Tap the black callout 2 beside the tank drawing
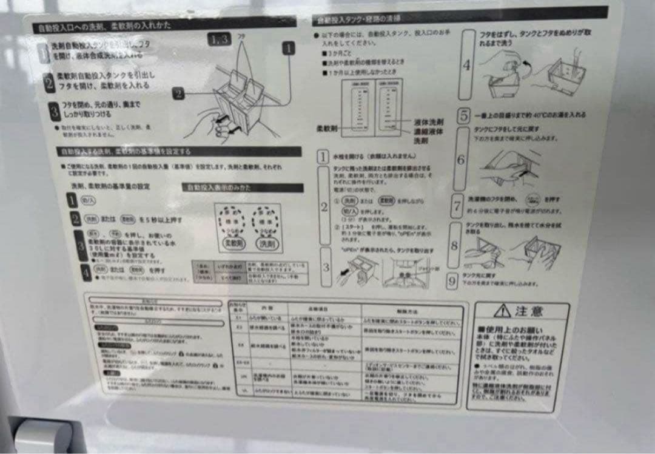pyautogui.click(x=178, y=93)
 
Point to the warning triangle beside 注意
pyautogui.click(x=502, y=311)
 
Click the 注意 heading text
pyautogui.click(x=530, y=311)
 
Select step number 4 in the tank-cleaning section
pyautogui.click(x=466, y=64)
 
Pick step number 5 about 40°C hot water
pyautogui.click(x=463, y=115)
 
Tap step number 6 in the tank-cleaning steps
pyautogui.click(x=461, y=160)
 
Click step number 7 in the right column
pyautogui.click(x=457, y=205)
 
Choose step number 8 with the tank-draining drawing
pyautogui.click(x=454, y=245)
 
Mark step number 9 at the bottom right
pyautogui.click(x=452, y=281)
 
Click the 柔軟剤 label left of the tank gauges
pyautogui.click(x=327, y=129)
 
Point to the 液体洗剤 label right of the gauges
pyautogui.click(x=428, y=122)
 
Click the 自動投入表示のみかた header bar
pyautogui.click(x=243, y=188)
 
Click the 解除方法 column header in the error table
pyautogui.click(x=411, y=310)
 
